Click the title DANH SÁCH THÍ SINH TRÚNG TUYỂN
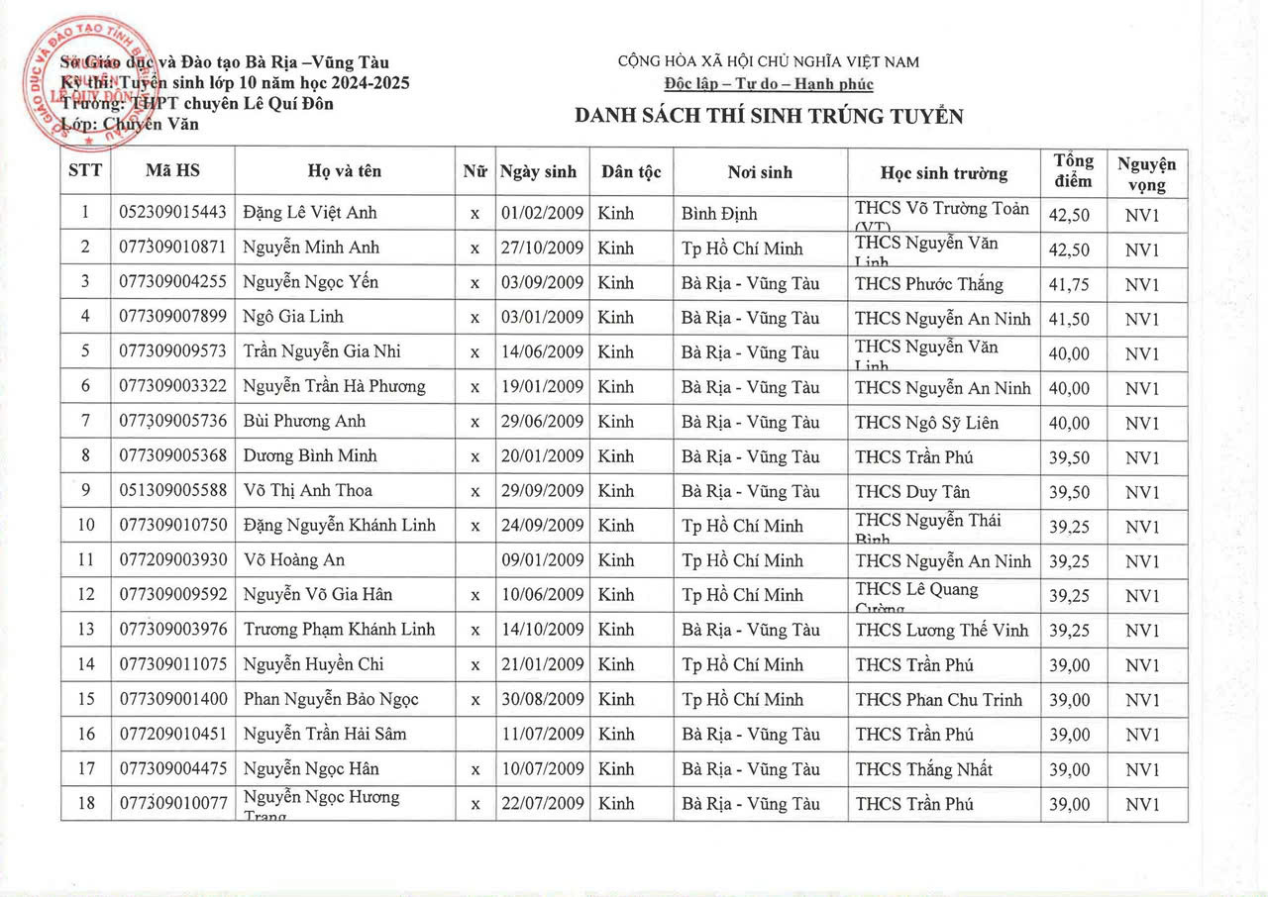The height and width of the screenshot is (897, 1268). (x=769, y=117)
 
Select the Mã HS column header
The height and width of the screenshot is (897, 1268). (x=172, y=171)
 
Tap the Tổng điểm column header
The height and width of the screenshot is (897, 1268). (x=1073, y=171)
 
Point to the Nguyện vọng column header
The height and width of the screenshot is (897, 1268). (x=1146, y=173)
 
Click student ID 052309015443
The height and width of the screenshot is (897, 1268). (x=172, y=213)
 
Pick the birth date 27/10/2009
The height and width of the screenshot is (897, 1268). (x=542, y=248)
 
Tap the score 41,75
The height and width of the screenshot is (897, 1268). (x=1069, y=283)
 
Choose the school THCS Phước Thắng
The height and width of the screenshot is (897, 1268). (x=929, y=284)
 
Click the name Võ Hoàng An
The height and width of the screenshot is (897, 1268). (x=294, y=560)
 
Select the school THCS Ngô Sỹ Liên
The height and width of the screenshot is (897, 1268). (x=927, y=423)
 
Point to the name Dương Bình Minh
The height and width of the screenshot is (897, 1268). (x=310, y=456)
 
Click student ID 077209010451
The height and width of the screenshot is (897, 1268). (x=172, y=734)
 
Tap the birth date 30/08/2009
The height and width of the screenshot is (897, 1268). (x=542, y=699)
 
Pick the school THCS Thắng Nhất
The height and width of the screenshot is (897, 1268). (x=923, y=769)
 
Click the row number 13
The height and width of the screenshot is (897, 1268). (x=86, y=630)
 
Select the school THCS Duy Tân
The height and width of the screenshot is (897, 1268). (x=912, y=491)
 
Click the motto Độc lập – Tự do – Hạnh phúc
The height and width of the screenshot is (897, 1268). (x=769, y=83)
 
